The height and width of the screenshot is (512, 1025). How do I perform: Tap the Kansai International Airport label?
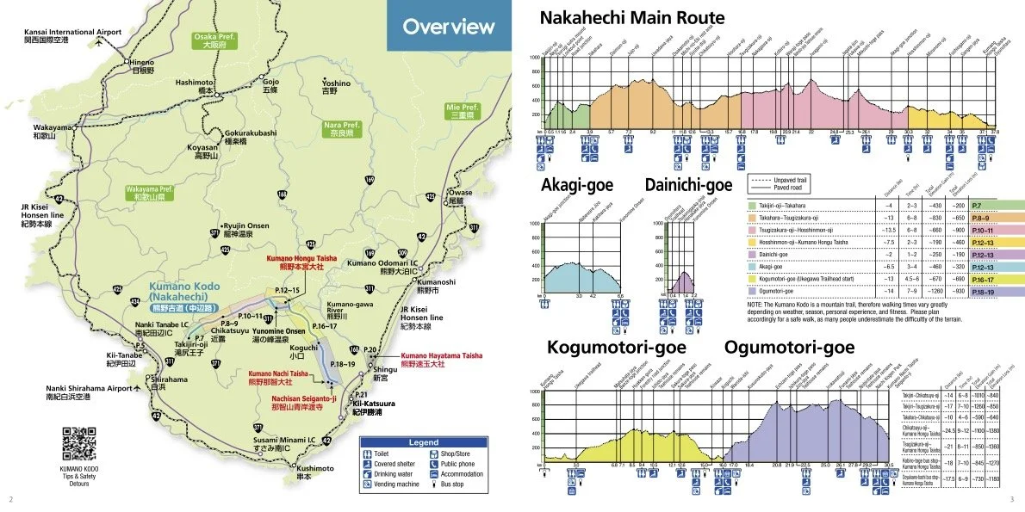pos(72,33)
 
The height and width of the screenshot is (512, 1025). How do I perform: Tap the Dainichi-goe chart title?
pos(688,184)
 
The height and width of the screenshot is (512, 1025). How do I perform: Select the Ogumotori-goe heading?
pos(789,347)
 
